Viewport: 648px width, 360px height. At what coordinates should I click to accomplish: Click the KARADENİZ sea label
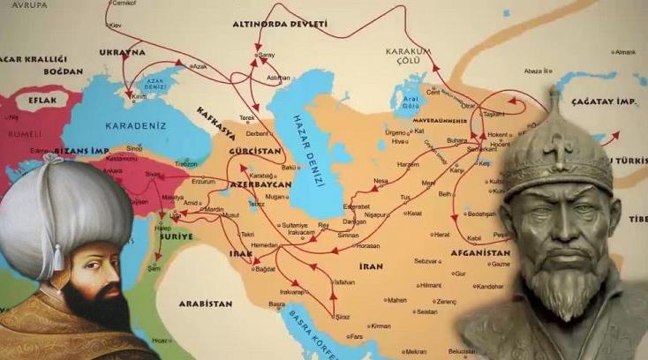(x=134, y=125)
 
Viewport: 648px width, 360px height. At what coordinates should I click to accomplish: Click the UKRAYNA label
(x=123, y=52)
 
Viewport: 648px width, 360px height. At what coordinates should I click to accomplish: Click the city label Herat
(x=441, y=235)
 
